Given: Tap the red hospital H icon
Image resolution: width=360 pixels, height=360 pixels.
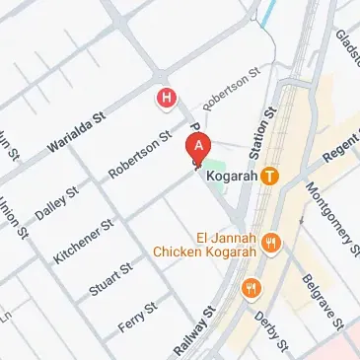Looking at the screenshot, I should [x=168, y=99].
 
